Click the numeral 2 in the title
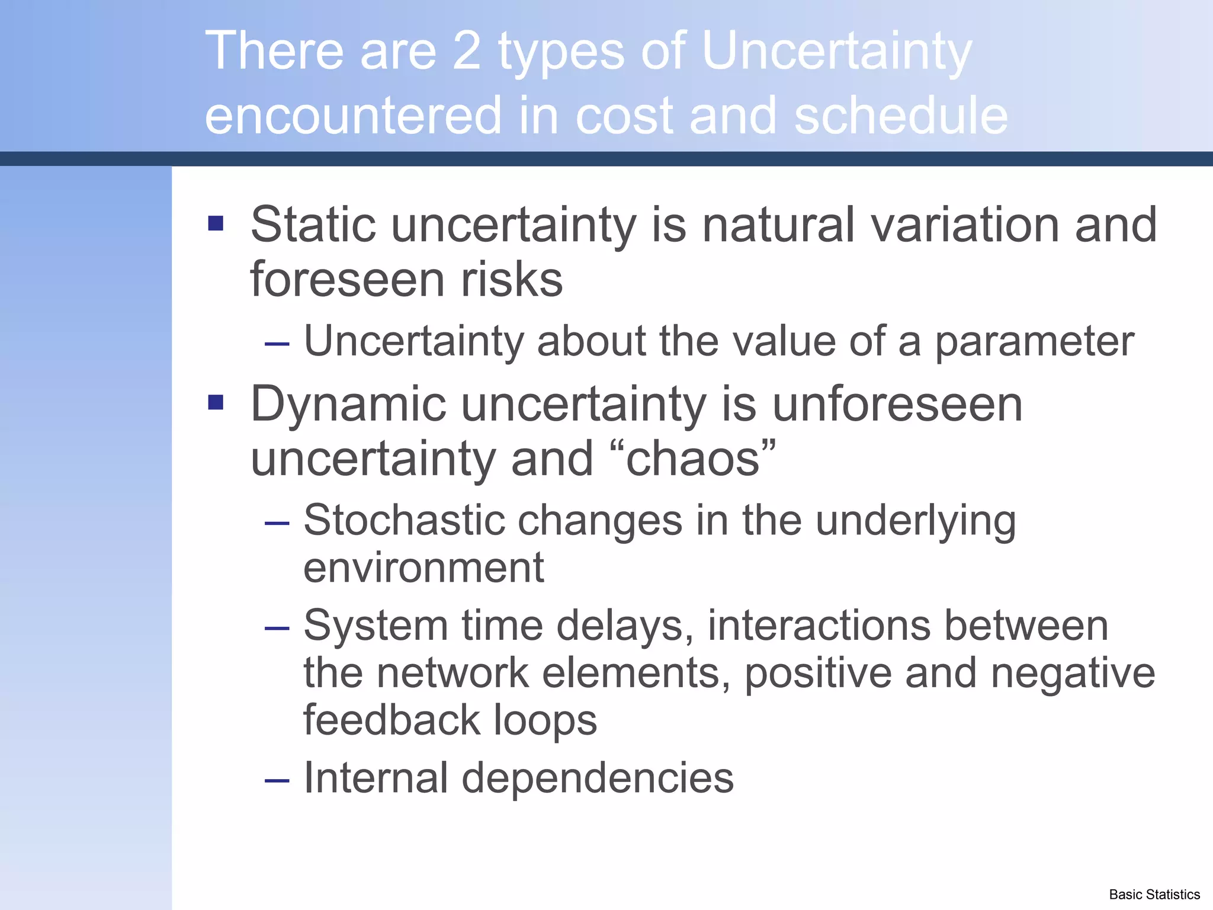point(466,52)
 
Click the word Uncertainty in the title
point(836,52)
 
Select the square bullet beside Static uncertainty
point(216,223)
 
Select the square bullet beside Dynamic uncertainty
point(216,403)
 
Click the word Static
point(313,225)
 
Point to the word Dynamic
point(348,404)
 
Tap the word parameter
point(1034,342)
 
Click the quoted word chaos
point(692,459)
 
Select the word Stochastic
point(403,521)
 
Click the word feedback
point(392,720)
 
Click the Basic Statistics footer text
point(1154,895)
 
